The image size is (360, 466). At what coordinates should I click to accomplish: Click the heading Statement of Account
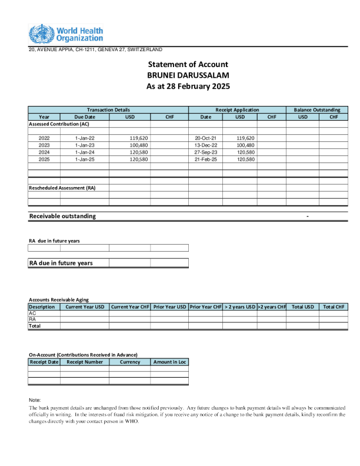click(188, 64)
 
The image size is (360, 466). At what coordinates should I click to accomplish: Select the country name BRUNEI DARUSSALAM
click(188, 75)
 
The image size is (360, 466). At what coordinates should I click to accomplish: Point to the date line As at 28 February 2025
click(188, 86)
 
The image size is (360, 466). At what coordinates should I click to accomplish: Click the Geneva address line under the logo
click(95, 49)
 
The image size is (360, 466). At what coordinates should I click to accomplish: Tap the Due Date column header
click(85, 117)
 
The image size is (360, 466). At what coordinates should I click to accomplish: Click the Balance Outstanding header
click(317, 110)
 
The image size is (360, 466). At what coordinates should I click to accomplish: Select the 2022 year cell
click(44, 138)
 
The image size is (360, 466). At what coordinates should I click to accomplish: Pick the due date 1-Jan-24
click(85, 152)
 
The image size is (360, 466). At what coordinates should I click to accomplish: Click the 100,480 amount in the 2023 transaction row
click(138, 145)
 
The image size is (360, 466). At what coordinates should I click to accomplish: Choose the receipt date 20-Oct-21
click(206, 138)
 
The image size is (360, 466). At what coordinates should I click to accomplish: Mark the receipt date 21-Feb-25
click(206, 159)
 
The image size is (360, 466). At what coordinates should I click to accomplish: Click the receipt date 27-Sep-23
click(206, 152)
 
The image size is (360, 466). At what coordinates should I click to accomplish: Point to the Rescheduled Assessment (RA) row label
click(62, 188)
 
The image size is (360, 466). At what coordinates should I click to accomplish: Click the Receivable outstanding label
click(62, 217)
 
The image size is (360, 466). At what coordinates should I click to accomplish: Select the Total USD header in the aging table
click(302, 307)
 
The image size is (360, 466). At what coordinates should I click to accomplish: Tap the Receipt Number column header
click(85, 362)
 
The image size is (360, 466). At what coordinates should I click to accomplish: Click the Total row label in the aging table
click(35, 326)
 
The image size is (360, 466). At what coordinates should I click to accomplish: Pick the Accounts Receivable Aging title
click(59, 300)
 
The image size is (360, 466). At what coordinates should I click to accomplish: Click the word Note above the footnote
click(35, 400)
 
